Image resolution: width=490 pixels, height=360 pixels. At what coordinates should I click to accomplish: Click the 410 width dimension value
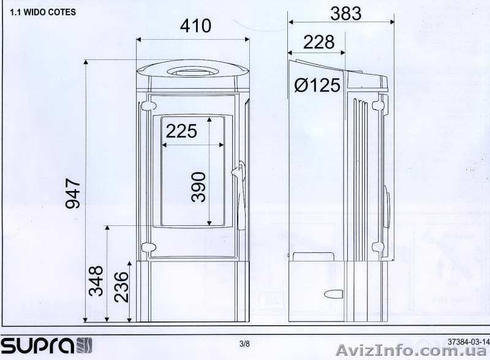click(x=195, y=26)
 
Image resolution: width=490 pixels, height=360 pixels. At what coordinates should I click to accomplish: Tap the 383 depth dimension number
click(x=346, y=13)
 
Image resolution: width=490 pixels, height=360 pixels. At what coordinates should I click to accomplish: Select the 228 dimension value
click(x=318, y=42)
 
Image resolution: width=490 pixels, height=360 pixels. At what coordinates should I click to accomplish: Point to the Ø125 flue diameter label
click(x=317, y=85)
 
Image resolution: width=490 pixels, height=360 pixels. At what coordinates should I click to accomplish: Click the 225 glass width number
click(x=181, y=131)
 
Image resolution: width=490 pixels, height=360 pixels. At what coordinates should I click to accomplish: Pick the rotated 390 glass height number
click(x=198, y=187)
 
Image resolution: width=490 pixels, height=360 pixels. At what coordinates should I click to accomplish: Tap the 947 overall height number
click(x=73, y=193)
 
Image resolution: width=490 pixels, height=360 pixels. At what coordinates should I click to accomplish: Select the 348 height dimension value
click(x=96, y=281)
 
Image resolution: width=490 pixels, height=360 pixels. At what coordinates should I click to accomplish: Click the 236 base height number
click(x=121, y=287)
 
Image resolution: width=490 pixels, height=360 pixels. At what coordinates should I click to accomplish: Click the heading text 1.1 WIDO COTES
click(x=43, y=12)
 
